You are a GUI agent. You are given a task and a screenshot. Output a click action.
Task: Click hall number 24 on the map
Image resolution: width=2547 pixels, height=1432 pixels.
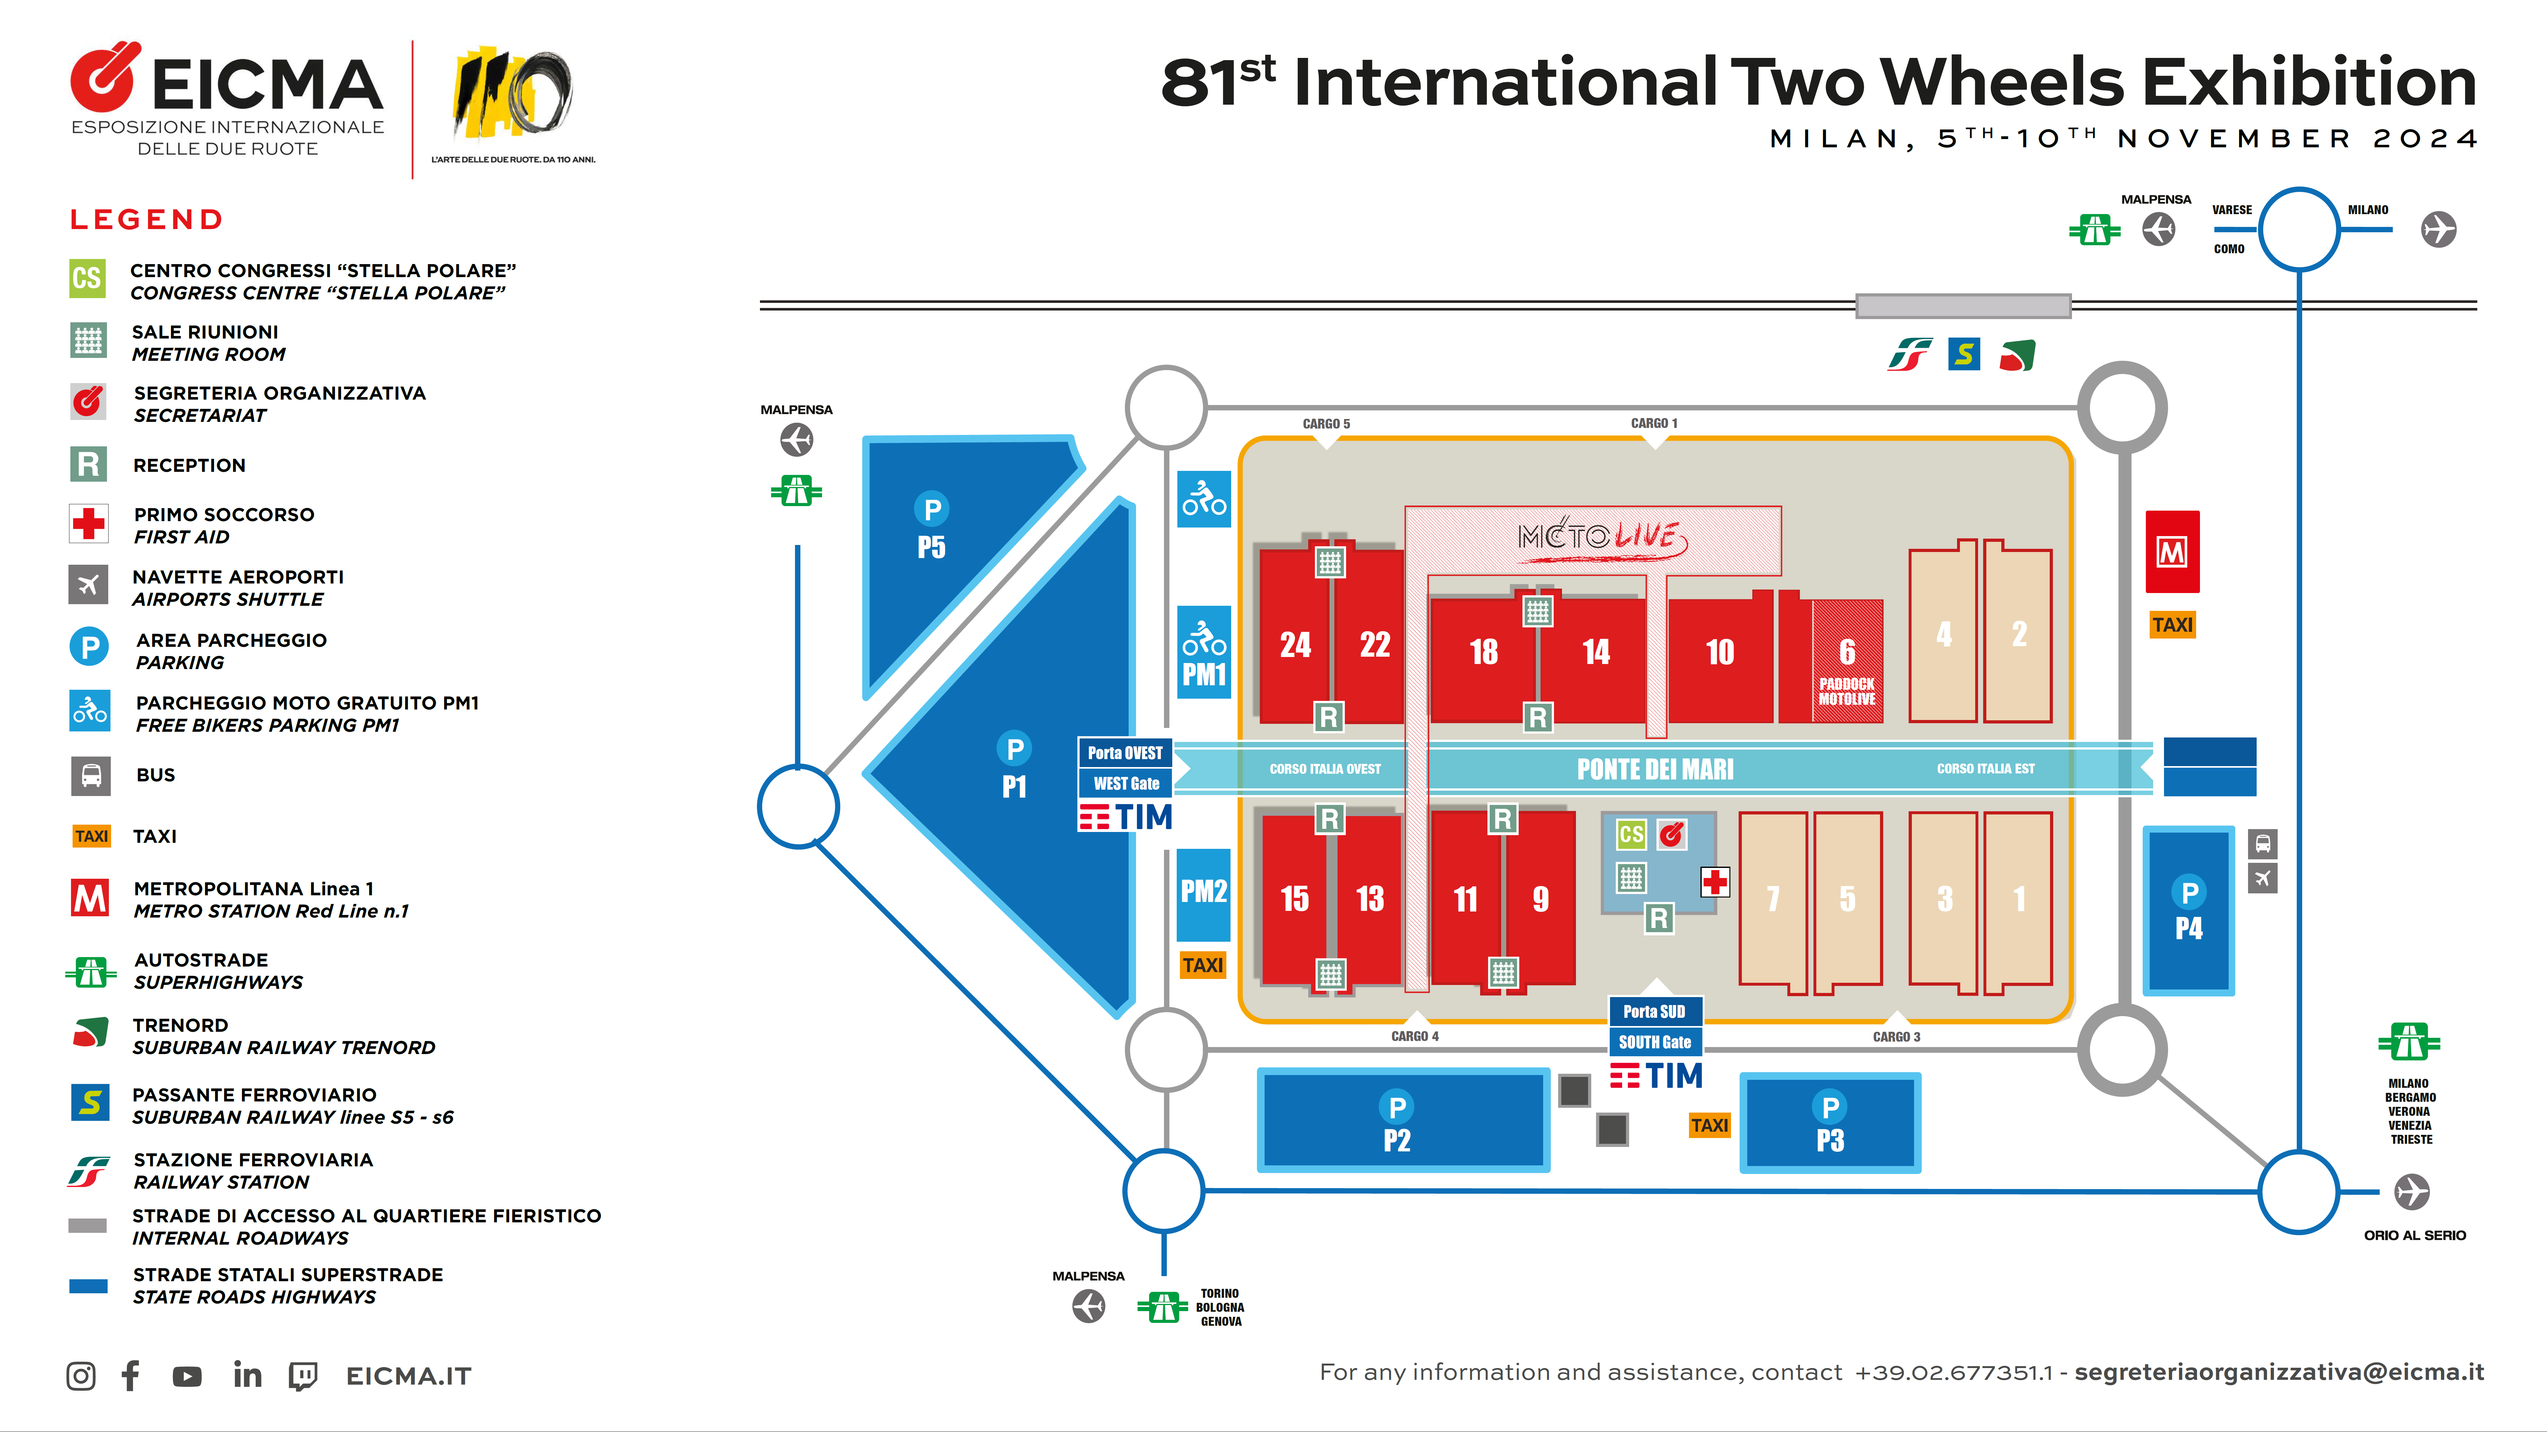(1295, 645)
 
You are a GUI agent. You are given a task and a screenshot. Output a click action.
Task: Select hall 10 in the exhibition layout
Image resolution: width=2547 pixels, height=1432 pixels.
(1720, 652)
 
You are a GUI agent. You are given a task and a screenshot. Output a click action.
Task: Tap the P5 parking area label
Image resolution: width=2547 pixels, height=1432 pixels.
(930, 547)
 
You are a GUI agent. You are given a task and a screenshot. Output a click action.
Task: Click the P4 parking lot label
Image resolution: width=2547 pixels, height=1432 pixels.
(2188, 928)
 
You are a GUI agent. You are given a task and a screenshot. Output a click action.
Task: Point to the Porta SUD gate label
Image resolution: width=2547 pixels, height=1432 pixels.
(1654, 1011)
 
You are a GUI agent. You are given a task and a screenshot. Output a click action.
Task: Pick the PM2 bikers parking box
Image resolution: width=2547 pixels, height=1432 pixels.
(1203, 892)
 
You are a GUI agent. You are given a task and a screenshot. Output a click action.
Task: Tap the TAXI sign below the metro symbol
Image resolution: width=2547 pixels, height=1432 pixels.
(2172, 625)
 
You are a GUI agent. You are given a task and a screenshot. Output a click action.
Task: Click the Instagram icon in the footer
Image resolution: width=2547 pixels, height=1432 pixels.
(81, 1376)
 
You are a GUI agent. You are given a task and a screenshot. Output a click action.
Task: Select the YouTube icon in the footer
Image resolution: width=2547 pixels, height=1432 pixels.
(187, 1376)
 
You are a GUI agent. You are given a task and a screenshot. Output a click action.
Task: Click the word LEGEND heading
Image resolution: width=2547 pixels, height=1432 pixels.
(146, 220)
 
